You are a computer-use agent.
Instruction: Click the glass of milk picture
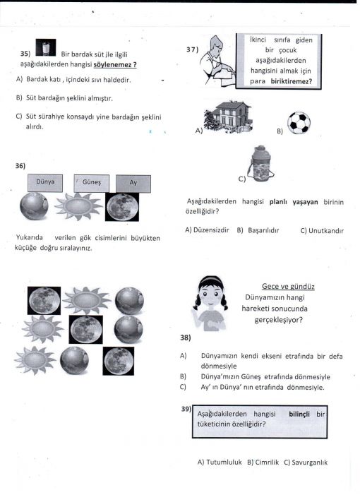(x=46, y=47)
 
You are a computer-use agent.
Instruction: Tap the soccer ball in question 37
(x=299, y=123)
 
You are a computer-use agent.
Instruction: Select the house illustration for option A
(x=229, y=117)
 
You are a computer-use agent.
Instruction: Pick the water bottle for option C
(x=260, y=164)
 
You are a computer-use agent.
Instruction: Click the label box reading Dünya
(x=45, y=183)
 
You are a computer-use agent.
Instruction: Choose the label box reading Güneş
(x=92, y=183)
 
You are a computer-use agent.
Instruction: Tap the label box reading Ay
(x=133, y=184)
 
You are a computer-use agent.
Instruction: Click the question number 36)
(x=20, y=166)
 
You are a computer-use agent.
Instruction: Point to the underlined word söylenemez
(x=115, y=64)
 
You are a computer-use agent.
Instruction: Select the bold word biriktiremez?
(x=292, y=81)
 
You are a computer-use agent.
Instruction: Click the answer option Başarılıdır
(x=263, y=230)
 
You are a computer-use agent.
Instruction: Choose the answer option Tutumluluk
(x=224, y=463)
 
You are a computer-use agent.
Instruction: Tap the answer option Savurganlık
(x=309, y=463)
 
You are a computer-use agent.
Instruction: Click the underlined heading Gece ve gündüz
(x=288, y=286)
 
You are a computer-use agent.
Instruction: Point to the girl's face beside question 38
(x=211, y=294)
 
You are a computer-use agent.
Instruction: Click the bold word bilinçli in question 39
(x=299, y=414)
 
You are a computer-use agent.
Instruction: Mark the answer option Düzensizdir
(x=211, y=229)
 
